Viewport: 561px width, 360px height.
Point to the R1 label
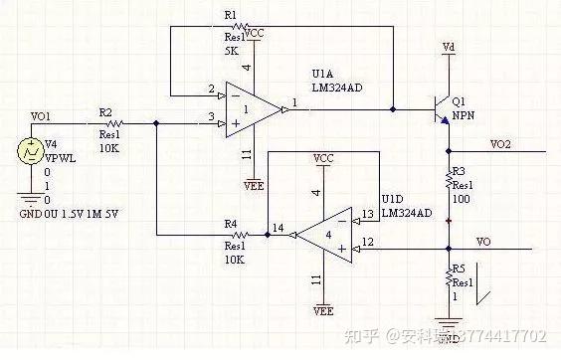[x=231, y=16]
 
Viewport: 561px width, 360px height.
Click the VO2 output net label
[x=501, y=145]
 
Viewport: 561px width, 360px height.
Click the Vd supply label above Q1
[x=449, y=46]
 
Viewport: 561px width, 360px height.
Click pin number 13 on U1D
[x=367, y=213]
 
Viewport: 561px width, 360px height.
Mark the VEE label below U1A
[x=254, y=184]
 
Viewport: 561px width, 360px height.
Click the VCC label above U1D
[x=322, y=158]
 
